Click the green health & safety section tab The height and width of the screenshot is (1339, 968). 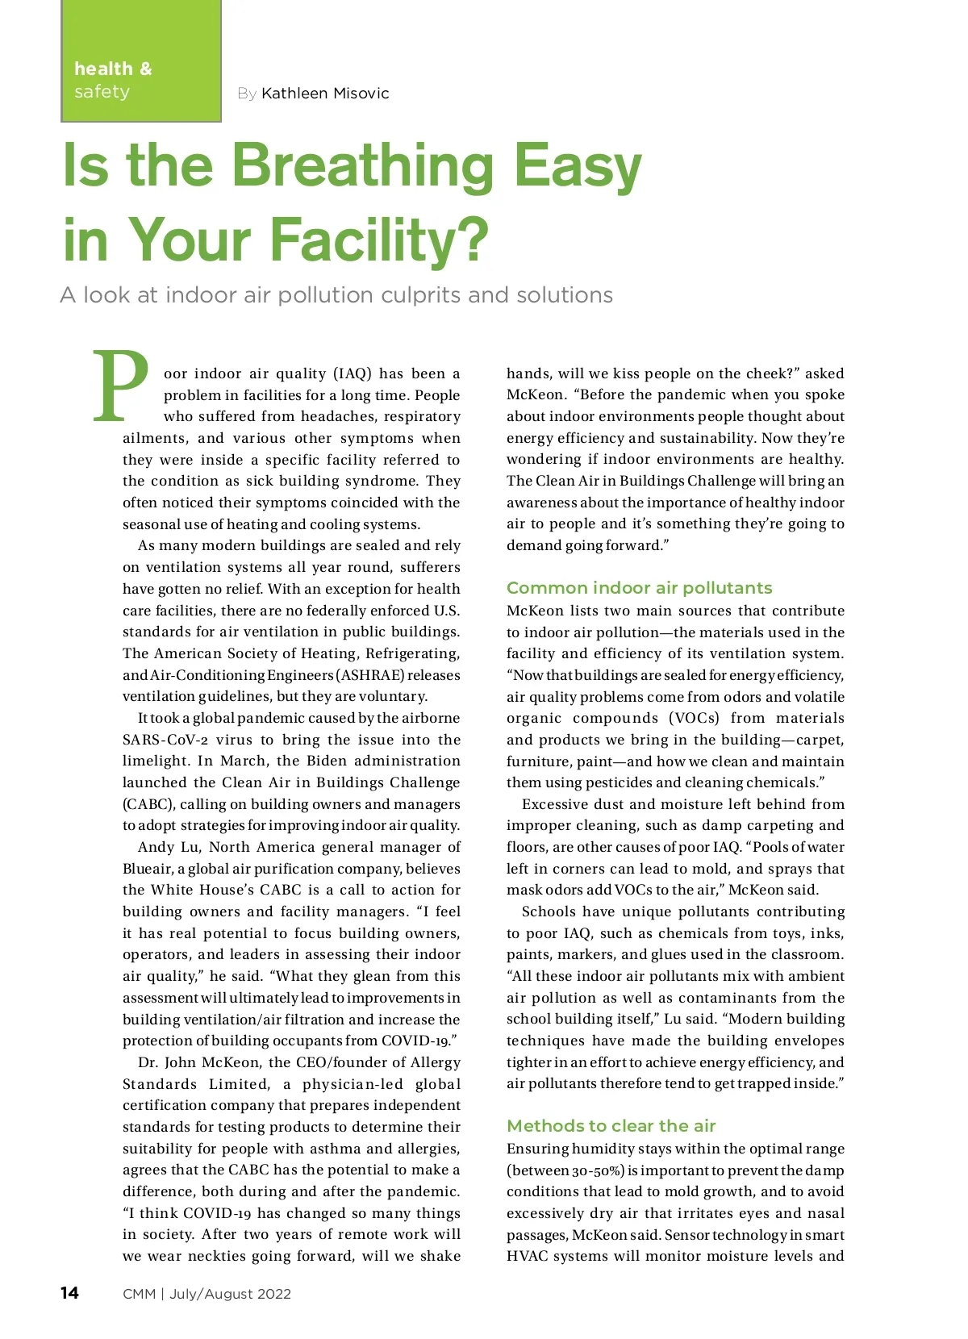tap(141, 61)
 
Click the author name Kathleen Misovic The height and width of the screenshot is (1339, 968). tap(325, 94)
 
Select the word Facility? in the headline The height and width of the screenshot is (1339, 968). tap(379, 240)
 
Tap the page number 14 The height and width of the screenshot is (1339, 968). tap(69, 1293)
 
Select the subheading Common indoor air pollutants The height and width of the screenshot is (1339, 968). tap(639, 588)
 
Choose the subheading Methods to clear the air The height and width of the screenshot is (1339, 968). tap(611, 1126)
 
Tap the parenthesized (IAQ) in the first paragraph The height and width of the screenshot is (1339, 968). tap(352, 373)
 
